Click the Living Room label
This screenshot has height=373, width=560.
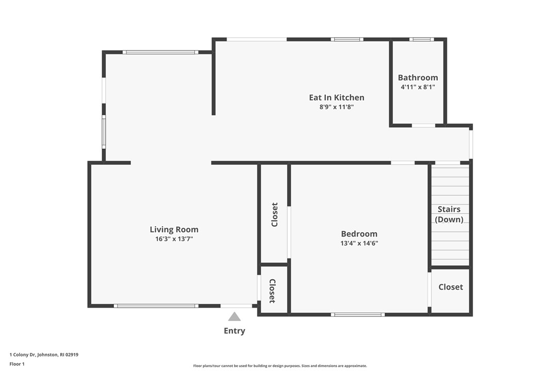tap(174, 230)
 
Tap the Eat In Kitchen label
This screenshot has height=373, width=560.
tap(336, 97)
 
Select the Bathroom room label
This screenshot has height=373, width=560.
tap(418, 78)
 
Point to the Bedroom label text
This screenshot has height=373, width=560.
tap(359, 234)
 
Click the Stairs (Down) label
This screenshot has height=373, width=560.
tap(449, 214)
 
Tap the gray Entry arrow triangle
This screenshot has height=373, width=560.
tap(235, 317)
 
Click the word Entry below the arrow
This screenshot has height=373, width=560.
tap(235, 331)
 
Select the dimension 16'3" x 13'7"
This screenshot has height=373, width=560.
tap(174, 239)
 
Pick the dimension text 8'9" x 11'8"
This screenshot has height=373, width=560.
tap(336, 107)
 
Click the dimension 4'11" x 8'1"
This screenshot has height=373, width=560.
tap(418, 87)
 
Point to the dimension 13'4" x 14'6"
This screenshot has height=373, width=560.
tap(359, 243)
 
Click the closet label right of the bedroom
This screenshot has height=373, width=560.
tap(451, 287)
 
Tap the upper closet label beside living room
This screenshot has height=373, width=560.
tap(274, 214)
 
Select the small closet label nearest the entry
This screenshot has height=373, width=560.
tap(272, 291)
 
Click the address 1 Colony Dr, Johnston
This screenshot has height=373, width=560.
tap(44, 354)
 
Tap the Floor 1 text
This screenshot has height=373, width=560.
tap(17, 364)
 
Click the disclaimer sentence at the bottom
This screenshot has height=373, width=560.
tap(280, 366)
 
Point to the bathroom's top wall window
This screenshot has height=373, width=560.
tap(421, 39)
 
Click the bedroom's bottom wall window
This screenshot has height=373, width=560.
tap(358, 314)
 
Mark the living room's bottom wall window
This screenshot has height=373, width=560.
tap(156, 306)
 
